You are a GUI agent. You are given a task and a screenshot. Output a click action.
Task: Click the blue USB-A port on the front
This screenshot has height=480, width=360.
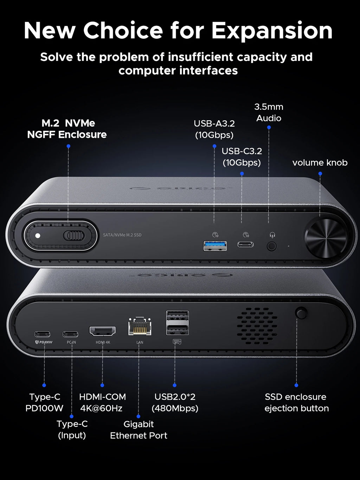tap(215, 246)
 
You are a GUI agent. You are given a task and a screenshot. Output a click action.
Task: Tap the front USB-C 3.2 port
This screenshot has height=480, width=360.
tap(245, 245)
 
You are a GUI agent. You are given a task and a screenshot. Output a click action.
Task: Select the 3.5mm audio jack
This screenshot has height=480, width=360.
tap(271, 246)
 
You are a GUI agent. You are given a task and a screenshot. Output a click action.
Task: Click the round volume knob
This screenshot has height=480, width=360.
tap(326, 238)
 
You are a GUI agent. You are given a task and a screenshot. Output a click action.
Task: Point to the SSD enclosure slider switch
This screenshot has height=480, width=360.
tap(74, 235)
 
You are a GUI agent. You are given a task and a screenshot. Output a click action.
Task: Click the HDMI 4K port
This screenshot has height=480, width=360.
tap(102, 331)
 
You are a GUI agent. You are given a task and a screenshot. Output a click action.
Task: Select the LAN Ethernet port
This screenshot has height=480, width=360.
tap(140, 327)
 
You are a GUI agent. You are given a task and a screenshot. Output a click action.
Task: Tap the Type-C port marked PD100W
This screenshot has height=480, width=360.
tap(42, 334)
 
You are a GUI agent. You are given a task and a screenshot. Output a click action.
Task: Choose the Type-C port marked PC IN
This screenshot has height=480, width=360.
tap(70, 334)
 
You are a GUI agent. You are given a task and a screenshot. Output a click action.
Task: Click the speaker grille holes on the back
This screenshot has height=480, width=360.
tap(257, 326)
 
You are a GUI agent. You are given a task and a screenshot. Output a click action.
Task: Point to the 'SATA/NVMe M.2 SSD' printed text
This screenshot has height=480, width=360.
tap(122, 235)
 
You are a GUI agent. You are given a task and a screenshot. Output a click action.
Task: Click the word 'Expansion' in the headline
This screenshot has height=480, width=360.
tap(272, 31)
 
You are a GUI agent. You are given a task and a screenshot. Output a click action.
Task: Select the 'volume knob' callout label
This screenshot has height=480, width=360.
tap(320, 163)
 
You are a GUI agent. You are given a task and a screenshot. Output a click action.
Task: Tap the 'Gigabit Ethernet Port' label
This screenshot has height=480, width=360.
tap(139, 430)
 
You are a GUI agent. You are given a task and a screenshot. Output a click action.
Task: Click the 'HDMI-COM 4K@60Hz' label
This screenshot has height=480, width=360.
tap(102, 402)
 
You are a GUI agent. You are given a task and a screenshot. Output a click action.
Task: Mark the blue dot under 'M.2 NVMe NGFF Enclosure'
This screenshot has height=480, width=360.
tap(68, 146)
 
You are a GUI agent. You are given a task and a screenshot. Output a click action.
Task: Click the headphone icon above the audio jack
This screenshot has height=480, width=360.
tap(272, 235)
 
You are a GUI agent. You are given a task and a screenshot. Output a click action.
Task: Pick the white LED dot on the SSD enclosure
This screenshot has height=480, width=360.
tap(38, 236)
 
